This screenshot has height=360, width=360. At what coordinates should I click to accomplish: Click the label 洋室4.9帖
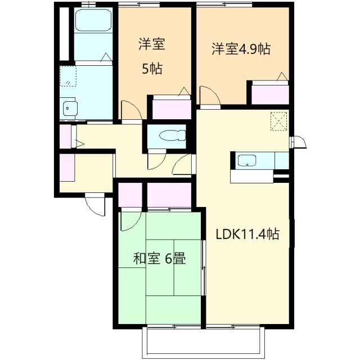241,48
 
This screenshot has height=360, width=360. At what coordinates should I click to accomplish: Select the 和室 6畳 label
160,259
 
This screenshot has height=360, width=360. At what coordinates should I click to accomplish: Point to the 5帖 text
152,69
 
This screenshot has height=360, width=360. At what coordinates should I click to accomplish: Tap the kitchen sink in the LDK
247,161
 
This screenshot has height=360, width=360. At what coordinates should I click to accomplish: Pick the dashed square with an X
278,120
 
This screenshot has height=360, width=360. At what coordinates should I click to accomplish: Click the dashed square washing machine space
68,76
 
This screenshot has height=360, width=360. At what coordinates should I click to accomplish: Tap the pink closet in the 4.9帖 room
270,93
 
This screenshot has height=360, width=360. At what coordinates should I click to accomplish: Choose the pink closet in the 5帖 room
172,107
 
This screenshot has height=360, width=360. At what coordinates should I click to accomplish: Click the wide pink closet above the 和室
169,196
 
